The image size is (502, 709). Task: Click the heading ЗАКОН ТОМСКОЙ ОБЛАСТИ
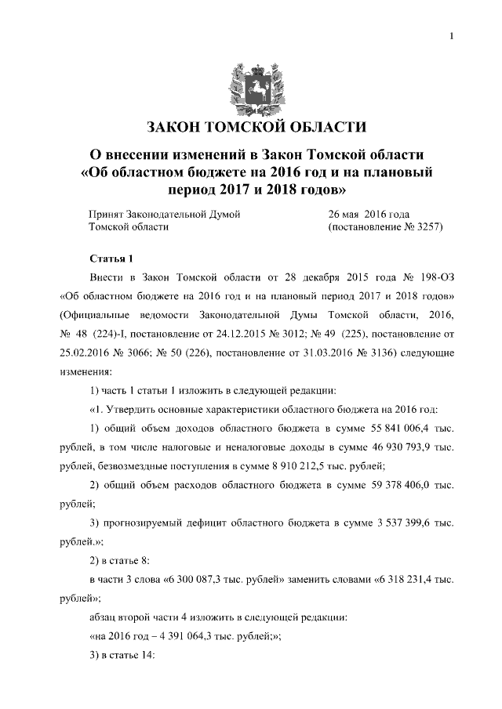(251, 128)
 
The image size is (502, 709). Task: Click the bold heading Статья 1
(113, 258)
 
